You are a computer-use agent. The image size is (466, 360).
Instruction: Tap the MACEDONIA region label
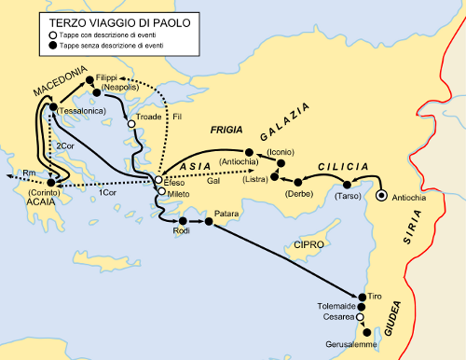pyautogui.click(x=60, y=83)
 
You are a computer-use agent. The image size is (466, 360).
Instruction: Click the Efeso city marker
pyautogui.click(x=158, y=179)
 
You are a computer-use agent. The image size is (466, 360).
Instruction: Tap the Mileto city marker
pyautogui.click(x=161, y=192)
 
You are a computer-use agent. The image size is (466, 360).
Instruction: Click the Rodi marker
pyautogui.click(x=184, y=221)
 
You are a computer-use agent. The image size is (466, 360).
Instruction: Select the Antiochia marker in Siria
pyautogui.click(x=381, y=196)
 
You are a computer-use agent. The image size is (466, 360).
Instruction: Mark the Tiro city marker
pyautogui.click(x=361, y=295)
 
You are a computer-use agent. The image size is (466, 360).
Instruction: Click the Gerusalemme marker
pyautogui.click(x=366, y=332)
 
